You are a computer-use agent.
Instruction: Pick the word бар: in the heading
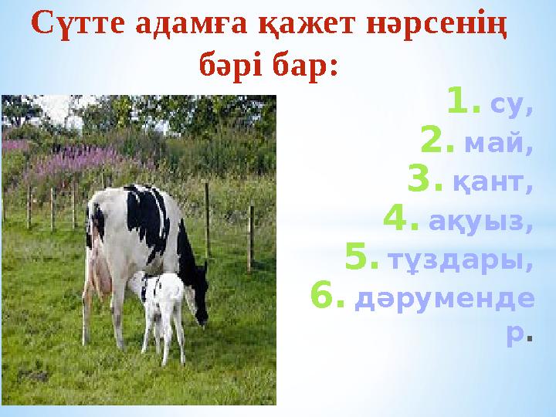pyautogui.click(x=306, y=64)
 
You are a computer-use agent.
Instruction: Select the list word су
pyautogui.click(x=511, y=104)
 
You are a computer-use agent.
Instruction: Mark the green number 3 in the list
pyautogui.click(x=422, y=181)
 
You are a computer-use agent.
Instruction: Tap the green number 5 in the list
pyautogui.click(x=361, y=259)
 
